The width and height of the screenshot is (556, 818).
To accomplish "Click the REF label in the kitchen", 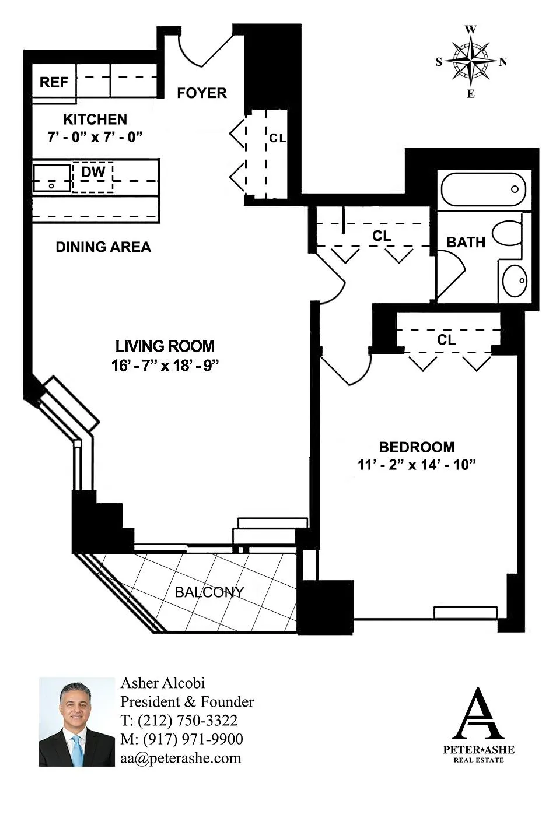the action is pyautogui.click(x=54, y=82).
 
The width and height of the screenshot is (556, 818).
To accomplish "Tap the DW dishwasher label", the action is pyautogui.click(x=93, y=172).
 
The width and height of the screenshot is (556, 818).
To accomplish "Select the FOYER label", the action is pyautogui.click(x=202, y=93).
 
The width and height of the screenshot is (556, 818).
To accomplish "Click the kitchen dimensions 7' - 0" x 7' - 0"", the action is pyautogui.click(x=95, y=137).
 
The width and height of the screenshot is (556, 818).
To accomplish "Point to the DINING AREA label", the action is pyautogui.click(x=103, y=247).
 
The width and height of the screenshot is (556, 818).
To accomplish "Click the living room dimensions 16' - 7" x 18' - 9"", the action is pyautogui.click(x=165, y=366).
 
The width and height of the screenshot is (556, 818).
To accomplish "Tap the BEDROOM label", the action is pyautogui.click(x=417, y=447).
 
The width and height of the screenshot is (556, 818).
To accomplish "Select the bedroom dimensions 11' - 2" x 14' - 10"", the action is pyautogui.click(x=417, y=465).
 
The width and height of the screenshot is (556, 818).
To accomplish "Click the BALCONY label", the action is pyautogui.click(x=209, y=592).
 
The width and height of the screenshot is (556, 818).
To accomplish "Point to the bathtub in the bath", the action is pyautogui.click(x=483, y=189).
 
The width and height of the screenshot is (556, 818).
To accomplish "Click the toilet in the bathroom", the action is pyautogui.click(x=507, y=233).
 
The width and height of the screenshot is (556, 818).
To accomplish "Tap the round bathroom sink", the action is pyautogui.click(x=515, y=281).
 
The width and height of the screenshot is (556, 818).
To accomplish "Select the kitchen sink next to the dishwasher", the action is pyautogui.click(x=51, y=177).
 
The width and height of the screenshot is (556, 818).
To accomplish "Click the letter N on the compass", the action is pyautogui.click(x=503, y=62).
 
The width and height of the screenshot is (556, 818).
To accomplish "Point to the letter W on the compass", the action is pyautogui.click(x=471, y=30).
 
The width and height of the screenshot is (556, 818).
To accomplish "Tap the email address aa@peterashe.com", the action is pyautogui.click(x=181, y=758).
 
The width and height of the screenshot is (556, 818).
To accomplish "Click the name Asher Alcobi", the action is pyautogui.click(x=163, y=683).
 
